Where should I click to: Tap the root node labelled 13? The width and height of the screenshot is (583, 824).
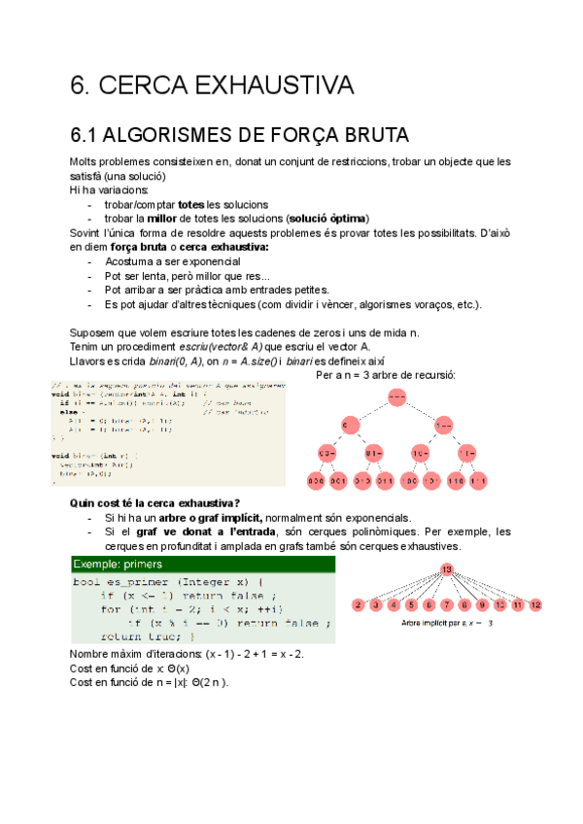pyautogui.click(x=447, y=568)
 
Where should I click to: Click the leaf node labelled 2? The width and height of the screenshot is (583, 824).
pyautogui.click(x=359, y=605)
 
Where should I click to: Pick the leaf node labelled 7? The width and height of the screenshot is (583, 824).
pyautogui.click(x=447, y=605)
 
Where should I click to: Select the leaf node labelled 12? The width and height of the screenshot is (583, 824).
pyautogui.click(x=536, y=605)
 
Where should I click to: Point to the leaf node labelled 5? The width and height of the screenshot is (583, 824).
pyautogui.click(x=412, y=605)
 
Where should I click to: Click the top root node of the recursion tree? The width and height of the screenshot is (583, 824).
pyautogui.click(x=396, y=396)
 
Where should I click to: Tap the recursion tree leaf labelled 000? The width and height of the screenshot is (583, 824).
pyautogui.click(x=316, y=480)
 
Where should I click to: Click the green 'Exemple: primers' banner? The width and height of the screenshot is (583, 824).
pyautogui.click(x=202, y=564)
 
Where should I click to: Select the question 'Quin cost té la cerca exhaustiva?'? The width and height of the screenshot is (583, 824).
pyautogui.click(x=155, y=502)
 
